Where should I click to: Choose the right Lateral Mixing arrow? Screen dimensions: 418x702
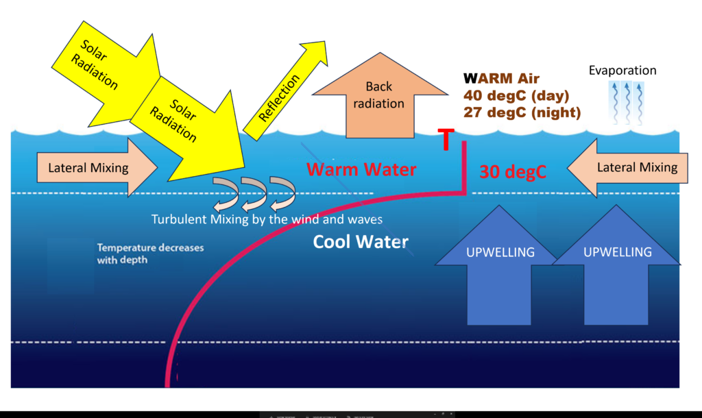(x=631, y=167)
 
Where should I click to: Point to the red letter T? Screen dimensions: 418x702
(x=446, y=140)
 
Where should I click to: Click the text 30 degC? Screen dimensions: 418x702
(x=512, y=172)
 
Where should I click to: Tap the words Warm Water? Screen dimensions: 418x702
(x=361, y=169)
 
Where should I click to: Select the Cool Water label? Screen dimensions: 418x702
(x=361, y=242)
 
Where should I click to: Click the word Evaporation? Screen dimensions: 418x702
(x=623, y=71)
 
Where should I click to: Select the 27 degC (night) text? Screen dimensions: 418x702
(x=522, y=112)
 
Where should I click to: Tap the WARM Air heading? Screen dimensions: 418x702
(x=501, y=78)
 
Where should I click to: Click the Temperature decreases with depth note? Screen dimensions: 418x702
(x=149, y=254)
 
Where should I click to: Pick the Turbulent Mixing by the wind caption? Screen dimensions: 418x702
(x=267, y=219)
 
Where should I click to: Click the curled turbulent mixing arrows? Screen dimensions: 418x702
(x=251, y=194)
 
